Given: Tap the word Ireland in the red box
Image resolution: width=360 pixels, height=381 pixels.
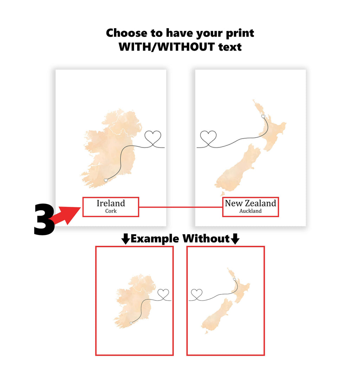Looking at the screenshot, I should point(111,203).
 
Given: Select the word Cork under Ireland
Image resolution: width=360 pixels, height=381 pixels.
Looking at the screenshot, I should point(111,211).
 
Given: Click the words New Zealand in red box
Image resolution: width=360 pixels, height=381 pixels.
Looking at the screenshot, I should point(250,203).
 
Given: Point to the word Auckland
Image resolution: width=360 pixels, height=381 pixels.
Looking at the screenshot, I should point(250,211).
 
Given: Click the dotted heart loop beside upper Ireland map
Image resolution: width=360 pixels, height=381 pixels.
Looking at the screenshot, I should point(153,137).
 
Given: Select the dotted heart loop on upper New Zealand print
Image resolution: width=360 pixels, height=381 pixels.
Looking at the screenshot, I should point(208,138).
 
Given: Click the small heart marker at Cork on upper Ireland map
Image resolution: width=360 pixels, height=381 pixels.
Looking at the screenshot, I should point(106,180).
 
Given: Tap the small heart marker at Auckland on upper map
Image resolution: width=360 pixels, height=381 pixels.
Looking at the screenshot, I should point(263,116).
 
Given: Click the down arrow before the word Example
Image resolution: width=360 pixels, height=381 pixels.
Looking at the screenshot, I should point(126,240).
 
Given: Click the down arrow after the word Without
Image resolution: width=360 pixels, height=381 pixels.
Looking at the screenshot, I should point(235,240).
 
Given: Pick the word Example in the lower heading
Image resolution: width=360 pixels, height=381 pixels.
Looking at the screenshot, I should point(155,239).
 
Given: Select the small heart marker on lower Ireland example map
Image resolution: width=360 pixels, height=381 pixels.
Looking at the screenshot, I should point(131,323).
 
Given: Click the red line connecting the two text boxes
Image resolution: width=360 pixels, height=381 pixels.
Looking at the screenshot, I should point(181,207).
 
